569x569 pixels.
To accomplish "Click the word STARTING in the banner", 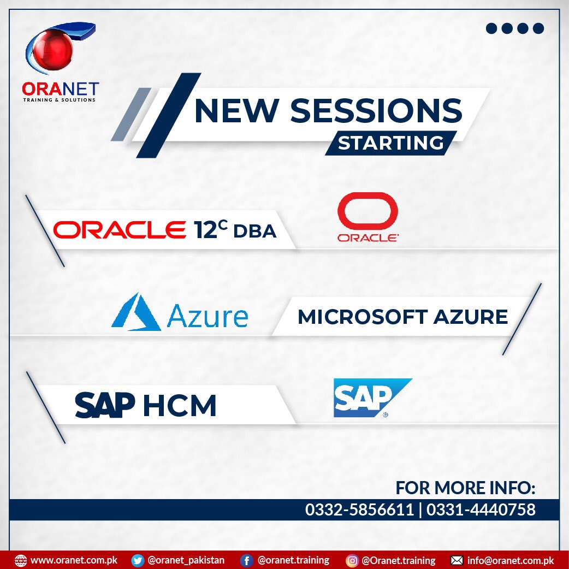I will coord(390,143).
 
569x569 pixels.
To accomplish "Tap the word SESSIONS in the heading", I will coord(376,110).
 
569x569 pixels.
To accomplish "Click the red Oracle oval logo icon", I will coord(368,211).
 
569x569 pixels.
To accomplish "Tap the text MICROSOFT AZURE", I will coord(402,317).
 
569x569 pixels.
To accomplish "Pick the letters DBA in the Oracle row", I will coord(255,232).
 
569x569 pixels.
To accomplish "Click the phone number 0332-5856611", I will coord(359,510).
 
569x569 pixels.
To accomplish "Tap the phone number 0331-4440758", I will coord(481,510).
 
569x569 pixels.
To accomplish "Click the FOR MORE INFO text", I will coord(466,487).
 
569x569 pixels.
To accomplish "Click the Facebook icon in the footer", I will coord(247,560).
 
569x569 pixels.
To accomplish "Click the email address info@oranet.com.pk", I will coord(511,560).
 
